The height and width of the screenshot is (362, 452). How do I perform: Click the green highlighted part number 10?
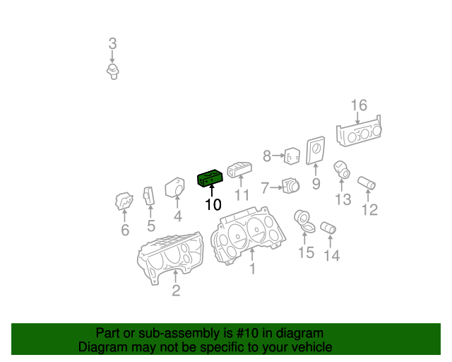click(x=210, y=179)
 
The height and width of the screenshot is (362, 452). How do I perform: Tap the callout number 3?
click(x=112, y=44)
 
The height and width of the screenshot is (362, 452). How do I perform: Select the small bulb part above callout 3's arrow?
click(x=112, y=71)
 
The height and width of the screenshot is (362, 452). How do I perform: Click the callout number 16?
click(x=359, y=105)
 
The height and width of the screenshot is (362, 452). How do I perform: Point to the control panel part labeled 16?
click(x=360, y=134)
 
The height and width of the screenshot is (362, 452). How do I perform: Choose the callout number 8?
click(x=267, y=156)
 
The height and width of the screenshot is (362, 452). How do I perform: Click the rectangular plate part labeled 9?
click(x=316, y=152)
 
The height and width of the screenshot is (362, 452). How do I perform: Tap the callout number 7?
click(x=265, y=188)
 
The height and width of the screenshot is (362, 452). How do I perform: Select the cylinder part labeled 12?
click(x=367, y=184)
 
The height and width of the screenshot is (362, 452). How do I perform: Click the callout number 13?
click(x=343, y=200)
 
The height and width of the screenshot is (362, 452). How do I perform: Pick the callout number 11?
click(x=242, y=196)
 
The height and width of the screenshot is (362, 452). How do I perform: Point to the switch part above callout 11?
click(x=239, y=170)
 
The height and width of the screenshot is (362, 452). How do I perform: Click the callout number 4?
click(x=178, y=216)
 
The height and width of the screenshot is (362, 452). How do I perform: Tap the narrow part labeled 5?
click(x=149, y=197)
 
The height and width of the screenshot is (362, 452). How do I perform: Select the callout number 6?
click(x=125, y=230)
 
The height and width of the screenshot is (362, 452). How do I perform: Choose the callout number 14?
click(x=331, y=255)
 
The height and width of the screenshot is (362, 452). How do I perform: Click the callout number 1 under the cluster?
click(x=251, y=268)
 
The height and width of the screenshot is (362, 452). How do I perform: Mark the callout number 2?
click(x=176, y=290)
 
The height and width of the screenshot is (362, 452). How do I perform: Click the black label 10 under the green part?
click(x=213, y=205)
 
